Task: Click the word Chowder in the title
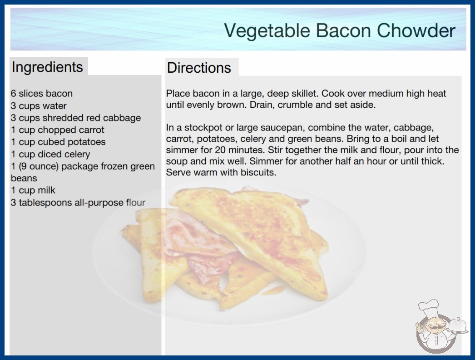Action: (416, 30)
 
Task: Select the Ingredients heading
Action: (47, 67)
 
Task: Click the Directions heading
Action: (199, 67)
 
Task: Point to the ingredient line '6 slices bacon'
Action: (42, 94)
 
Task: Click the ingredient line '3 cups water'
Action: (39, 106)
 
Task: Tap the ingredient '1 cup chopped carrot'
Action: (58, 130)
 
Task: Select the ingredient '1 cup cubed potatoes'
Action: (58, 142)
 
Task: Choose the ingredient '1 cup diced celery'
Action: (50, 154)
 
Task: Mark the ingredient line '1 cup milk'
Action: (33, 190)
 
